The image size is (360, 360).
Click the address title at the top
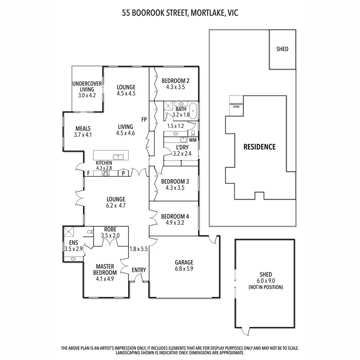pyautogui.click(x=180, y=13)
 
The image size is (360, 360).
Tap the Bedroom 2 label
pyautogui.click(x=175, y=84)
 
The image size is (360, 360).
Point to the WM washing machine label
pyautogui.click(x=193, y=140)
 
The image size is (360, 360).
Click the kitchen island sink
pyautogui.click(x=119, y=156)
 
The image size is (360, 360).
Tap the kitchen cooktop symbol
pyautogui.click(x=106, y=173)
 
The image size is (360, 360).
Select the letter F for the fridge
pyautogui.click(x=88, y=174)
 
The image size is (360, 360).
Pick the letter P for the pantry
pyautogui.click(x=124, y=174)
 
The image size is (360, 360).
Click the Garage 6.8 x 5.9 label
pyautogui.click(x=184, y=266)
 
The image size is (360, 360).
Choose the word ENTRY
pyautogui.click(x=139, y=270)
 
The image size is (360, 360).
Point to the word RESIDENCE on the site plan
pyautogui.click(x=260, y=147)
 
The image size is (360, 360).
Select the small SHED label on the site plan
pyautogui.click(x=282, y=49)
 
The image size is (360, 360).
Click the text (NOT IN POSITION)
pyautogui.click(x=266, y=287)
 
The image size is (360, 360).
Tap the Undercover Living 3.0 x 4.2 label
pyautogui.click(x=87, y=89)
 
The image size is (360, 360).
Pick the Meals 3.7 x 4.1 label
pyautogui.click(x=83, y=132)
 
